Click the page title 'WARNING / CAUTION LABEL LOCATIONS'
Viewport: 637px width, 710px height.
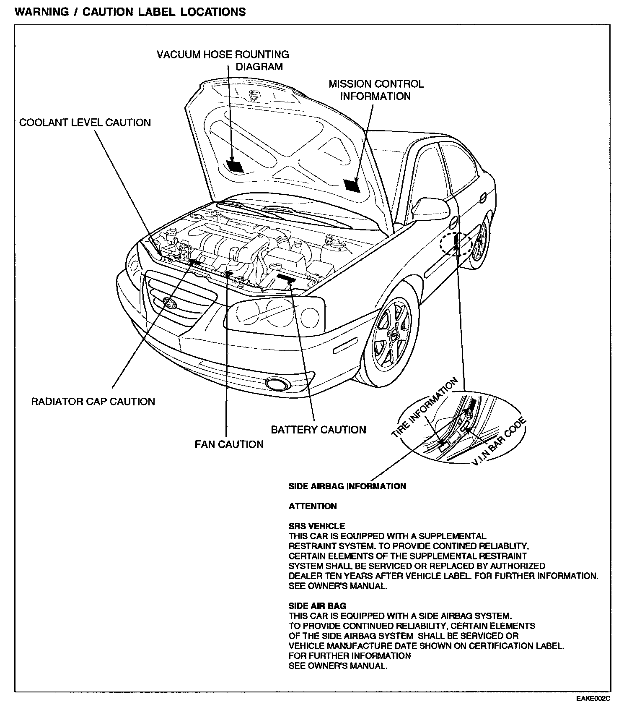point(130,12)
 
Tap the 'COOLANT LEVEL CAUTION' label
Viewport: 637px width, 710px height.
point(85,123)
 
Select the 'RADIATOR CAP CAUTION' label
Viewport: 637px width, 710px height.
point(93,402)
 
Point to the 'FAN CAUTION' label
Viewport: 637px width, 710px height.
point(229,444)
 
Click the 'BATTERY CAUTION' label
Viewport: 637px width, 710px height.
point(318,430)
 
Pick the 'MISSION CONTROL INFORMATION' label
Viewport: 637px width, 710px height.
point(375,90)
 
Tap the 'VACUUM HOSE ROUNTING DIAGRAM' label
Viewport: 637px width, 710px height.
point(223,60)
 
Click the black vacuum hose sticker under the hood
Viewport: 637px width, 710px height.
point(235,166)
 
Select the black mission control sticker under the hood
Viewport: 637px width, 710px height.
point(351,185)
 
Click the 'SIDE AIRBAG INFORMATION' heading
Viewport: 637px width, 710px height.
point(347,486)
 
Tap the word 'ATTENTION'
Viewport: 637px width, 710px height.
point(313,506)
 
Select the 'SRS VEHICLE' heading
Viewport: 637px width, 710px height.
point(317,526)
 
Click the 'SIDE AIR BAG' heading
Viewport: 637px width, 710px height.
point(317,606)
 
